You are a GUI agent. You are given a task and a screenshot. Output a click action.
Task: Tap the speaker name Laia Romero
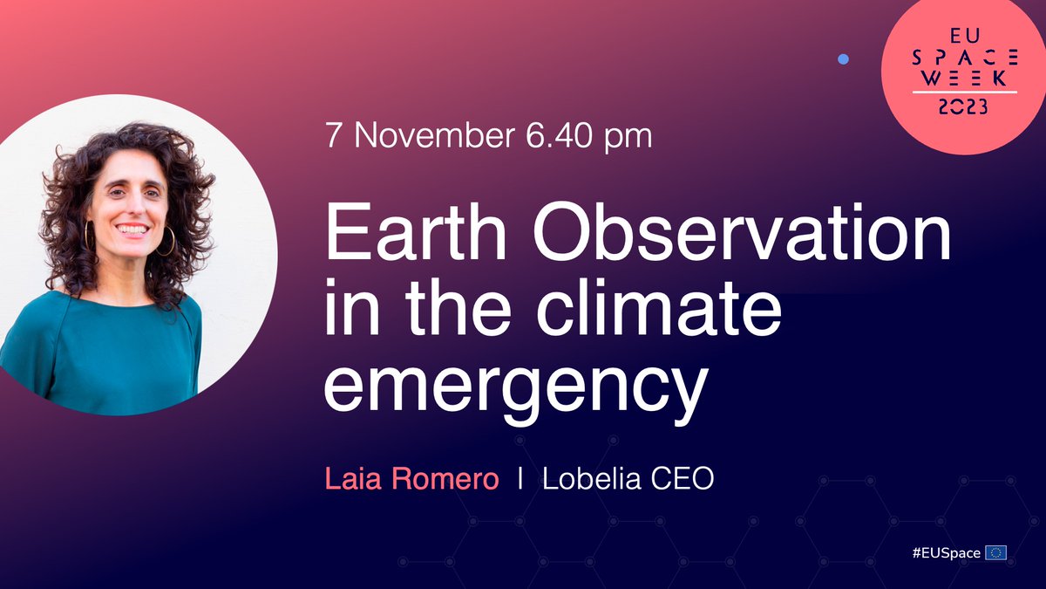pos(411,480)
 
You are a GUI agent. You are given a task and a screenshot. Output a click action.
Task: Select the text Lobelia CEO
pos(628,480)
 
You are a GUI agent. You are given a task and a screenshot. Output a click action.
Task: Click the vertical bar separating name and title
pos(520,480)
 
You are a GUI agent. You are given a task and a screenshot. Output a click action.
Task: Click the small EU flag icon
pos(995,552)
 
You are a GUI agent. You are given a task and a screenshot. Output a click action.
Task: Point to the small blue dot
pos(843,59)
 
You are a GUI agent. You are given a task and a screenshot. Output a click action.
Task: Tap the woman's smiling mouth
pos(132,229)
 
